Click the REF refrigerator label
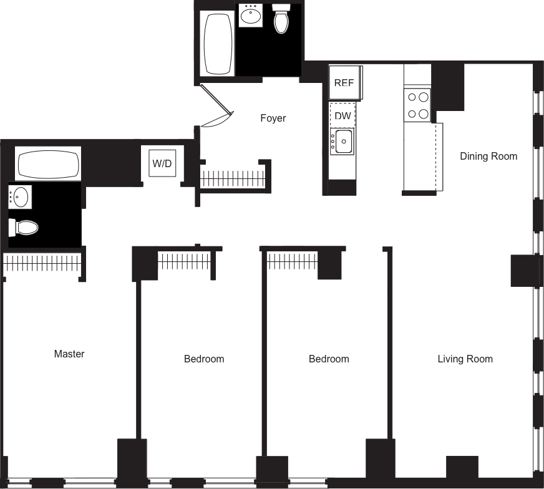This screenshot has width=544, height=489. coord(344,83)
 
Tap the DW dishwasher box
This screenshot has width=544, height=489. coord(342,116)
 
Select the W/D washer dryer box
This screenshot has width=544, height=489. coord(162,163)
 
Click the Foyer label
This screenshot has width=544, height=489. coord(273,119)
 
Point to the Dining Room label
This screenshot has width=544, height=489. coord(488,156)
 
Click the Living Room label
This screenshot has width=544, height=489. coord(465,359)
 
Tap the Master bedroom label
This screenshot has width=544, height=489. coord(69,354)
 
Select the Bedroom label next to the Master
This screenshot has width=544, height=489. coord(204,359)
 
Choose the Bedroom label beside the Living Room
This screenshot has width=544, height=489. coord(329,359)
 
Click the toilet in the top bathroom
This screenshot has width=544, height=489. coord(282,19)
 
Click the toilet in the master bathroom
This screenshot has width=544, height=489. coord(24,228)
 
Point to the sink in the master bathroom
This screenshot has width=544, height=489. coord(20,198)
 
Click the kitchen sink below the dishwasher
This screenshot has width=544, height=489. coord(342,142)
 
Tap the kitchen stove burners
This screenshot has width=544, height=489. coord(417,105)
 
